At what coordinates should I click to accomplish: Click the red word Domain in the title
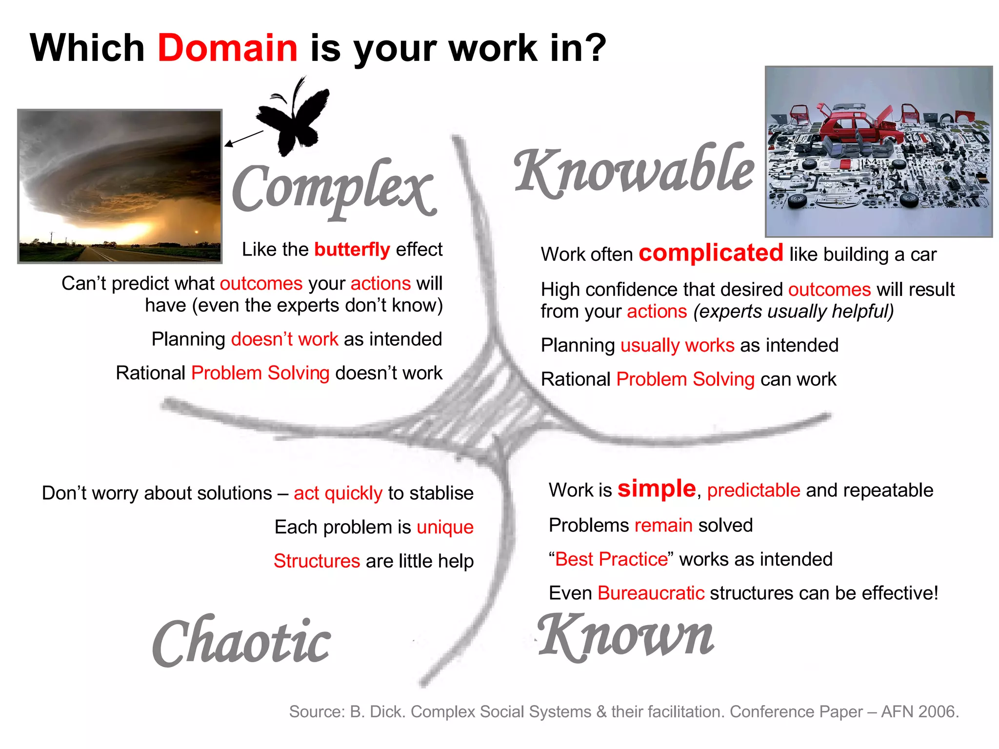pos(227,48)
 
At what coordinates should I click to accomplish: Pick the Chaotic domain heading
pos(241,642)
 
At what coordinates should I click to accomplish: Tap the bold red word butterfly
pos(352,250)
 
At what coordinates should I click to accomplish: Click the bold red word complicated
pos(711,253)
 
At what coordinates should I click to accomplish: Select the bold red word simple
pos(656,489)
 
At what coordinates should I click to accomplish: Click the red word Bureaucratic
pos(651,593)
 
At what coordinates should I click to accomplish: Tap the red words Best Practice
pos(611,559)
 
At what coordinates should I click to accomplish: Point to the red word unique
pos(445,527)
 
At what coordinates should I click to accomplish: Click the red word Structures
pos(317,561)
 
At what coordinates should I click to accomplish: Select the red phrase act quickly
pos(338,493)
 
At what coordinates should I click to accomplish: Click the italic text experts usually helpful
pos(793,312)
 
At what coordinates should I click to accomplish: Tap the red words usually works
pos(677,345)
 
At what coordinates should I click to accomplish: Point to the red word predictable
pos(753,491)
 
